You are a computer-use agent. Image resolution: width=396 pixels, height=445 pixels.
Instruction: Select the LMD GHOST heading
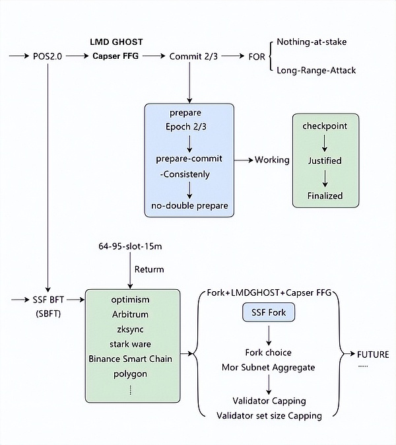[116, 42]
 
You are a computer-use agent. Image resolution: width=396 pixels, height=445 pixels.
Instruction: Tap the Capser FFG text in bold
[116, 57]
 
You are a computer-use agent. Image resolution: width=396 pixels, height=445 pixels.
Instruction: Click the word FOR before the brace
[257, 57]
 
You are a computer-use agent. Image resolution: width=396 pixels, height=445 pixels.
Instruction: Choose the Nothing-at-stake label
[312, 42]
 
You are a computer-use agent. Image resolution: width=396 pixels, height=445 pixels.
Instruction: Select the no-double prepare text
[189, 205]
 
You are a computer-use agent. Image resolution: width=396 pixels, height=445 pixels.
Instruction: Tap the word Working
[272, 160]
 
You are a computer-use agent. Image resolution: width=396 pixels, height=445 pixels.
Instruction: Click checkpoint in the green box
[325, 125]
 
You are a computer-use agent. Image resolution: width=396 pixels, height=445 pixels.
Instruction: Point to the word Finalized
[325, 195]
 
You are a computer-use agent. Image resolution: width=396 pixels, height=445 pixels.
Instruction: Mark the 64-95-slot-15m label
[129, 246]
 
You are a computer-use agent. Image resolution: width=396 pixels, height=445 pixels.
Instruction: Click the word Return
[149, 269]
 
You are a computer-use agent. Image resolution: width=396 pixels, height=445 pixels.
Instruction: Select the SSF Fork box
[268, 312]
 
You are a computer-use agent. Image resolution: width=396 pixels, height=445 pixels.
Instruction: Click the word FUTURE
[373, 354]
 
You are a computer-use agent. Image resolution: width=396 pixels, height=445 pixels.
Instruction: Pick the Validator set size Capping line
[269, 415]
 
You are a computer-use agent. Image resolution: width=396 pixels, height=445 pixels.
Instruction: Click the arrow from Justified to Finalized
[325, 178]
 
